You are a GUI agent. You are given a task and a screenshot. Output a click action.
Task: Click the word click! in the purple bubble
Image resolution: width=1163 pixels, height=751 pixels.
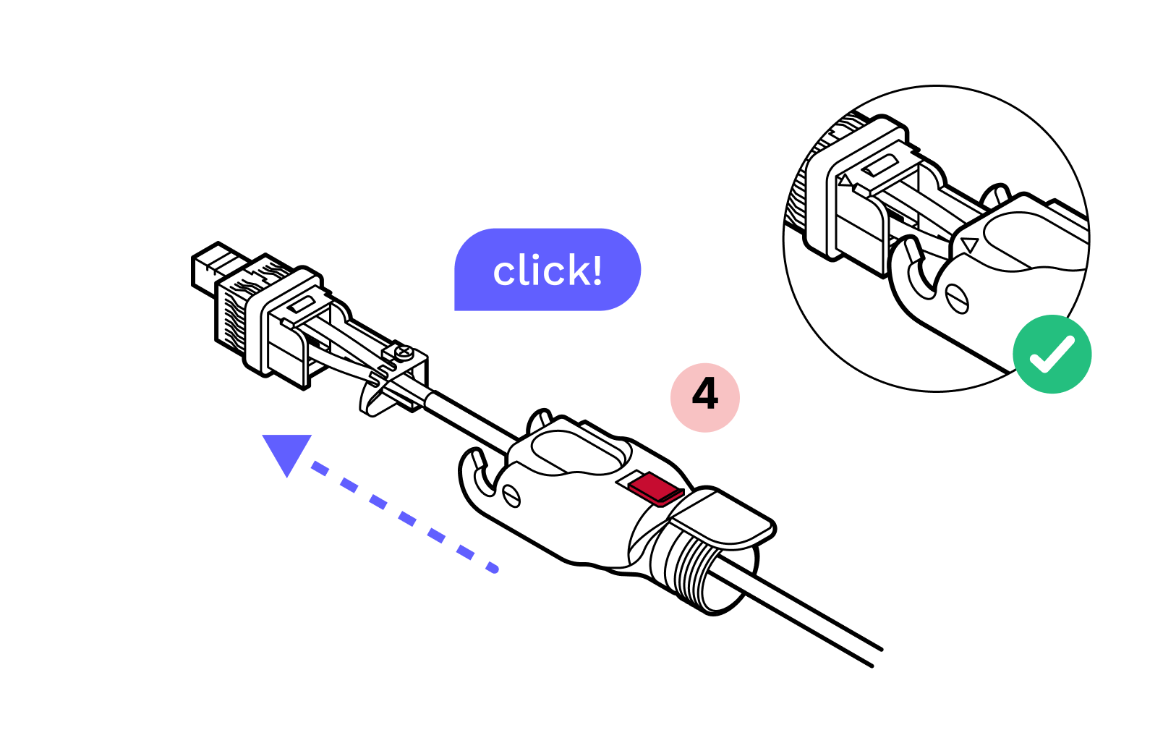548,271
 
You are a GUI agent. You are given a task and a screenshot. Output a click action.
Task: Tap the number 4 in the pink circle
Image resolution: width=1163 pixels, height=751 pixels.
705,394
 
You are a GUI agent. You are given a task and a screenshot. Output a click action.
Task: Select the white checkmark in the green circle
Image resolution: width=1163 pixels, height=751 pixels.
1052,355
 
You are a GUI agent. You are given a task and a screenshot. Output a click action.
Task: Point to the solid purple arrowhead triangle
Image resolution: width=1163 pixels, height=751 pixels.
287,451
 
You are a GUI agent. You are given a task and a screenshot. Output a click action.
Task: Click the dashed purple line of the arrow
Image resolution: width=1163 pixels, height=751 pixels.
405,518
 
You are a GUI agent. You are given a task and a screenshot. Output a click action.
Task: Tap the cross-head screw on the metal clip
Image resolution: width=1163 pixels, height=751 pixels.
404,352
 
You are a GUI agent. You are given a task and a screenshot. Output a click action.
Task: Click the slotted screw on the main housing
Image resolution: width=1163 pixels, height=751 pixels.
511,496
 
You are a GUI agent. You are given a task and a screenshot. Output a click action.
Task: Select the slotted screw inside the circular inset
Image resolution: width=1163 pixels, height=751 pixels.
957,298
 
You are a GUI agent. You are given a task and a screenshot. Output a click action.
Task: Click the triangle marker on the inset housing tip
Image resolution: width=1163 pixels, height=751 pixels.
970,245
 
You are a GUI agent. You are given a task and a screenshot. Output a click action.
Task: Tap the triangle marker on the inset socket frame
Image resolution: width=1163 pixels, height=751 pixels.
845,180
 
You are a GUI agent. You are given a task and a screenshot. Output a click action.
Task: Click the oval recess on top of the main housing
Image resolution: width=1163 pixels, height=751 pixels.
579,451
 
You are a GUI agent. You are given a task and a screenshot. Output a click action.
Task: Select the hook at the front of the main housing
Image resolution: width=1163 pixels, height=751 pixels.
477,474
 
